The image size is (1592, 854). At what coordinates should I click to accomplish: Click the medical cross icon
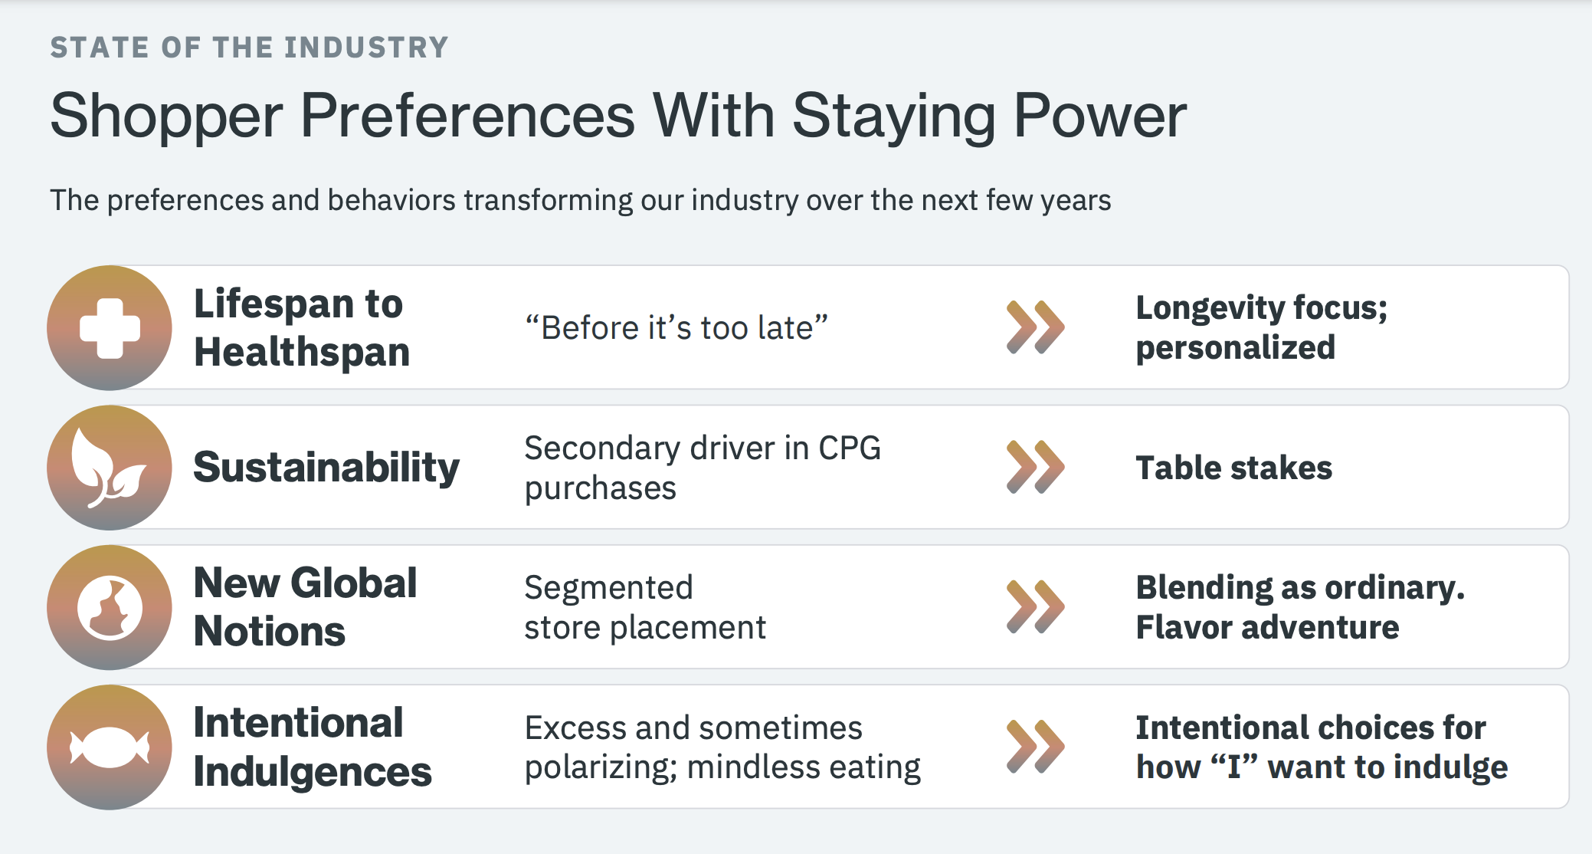(110, 328)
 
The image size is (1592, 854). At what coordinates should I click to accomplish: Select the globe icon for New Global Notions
(110, 607)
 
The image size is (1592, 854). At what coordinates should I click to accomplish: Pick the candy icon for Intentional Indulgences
(110, 747)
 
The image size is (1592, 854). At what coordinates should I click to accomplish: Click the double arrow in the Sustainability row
(1035, 467)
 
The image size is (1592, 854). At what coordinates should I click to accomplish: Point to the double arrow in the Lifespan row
(1035, 327)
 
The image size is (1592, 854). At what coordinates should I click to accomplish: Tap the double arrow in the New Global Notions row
(1035, 606)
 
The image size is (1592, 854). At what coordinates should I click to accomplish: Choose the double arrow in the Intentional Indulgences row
(1035, 746)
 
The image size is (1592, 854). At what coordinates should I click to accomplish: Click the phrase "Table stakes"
(1233, 468)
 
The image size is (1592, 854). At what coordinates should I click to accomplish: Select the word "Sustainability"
(326, 468)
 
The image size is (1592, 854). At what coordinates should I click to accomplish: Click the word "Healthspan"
(302, 353)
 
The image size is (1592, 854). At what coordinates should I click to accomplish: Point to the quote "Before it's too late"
(676, 328)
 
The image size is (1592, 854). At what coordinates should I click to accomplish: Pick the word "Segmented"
(608, 588)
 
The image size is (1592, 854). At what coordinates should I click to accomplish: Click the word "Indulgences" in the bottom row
(313, 772)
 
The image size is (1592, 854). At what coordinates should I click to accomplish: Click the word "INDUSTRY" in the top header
(366, 48)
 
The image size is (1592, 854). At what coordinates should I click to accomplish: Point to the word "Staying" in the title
(893, 117)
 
